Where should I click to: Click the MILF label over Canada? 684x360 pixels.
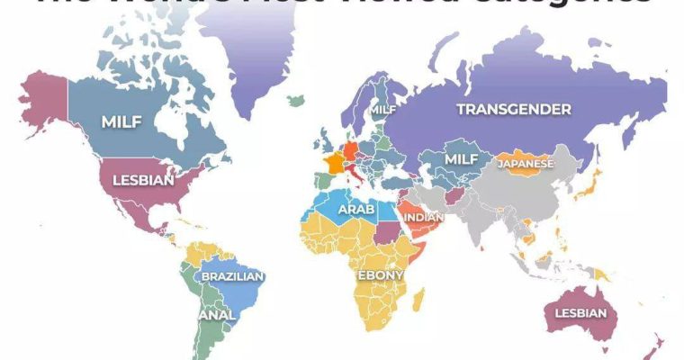tap(121, 121)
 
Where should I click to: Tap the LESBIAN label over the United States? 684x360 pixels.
tap(142, 180)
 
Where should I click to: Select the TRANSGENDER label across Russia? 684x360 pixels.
tap(514, 110)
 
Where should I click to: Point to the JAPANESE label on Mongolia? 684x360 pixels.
tap(526, 164)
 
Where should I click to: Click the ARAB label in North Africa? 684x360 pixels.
tap(355, 210)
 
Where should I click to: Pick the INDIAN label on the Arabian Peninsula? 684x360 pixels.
tap(423, 217)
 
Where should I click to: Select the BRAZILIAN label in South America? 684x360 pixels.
tap(231, 276)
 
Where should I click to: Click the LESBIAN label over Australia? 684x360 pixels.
tap(575, 313)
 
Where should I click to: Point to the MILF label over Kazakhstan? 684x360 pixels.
tap(461, 158)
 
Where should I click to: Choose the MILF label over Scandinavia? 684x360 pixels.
tap(383, 110)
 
